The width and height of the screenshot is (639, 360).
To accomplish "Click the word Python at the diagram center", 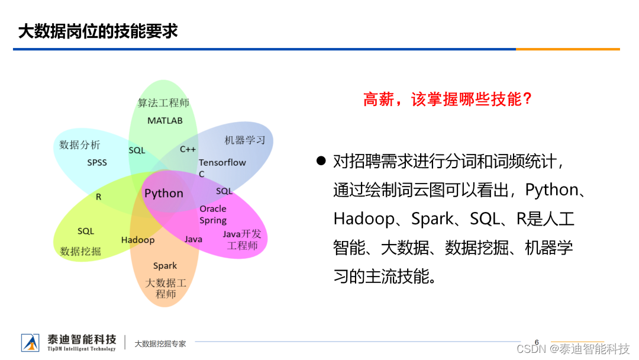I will click(x=164, y=194).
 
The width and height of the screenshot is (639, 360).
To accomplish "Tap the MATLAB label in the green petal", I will click(x=165, y=121).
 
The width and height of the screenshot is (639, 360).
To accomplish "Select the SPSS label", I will click(x=97, y=162).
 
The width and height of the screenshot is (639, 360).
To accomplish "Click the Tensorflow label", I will click(x=222, y=162).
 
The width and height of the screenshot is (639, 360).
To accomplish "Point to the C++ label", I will click(x=188, y=149).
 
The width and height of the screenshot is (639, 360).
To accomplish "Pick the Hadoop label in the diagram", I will click(x=138, y=240).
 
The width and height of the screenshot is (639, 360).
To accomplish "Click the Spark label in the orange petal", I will click(x=165, y=266).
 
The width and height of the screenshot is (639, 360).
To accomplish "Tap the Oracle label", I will click(x=213, y=208).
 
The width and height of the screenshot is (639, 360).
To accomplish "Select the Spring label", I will click(x=213, y=220).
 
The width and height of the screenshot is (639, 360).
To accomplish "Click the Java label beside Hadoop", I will click(x=193, y=239).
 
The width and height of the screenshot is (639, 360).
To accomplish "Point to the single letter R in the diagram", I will click(x=99, y=197).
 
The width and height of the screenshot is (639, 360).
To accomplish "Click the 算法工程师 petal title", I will click(x=163, y=103).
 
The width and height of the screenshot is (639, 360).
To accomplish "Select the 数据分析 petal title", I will click(x=80, y=145).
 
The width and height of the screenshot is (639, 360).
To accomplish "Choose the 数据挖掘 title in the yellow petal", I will click(x=80, y=252).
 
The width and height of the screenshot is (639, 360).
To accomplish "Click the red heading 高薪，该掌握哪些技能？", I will click(x=448, y=99).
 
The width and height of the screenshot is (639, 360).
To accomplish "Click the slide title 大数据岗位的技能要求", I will click(x=98, y=31).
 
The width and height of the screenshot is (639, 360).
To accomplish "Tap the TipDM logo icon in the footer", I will click(x=30, y=342).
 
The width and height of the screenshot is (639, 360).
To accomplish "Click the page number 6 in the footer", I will click(x=537, y=342).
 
